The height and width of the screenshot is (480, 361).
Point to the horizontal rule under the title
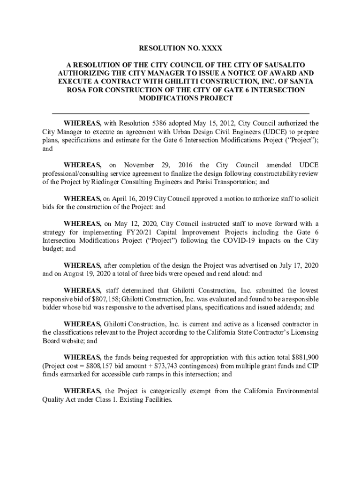(x=180, y=113)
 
